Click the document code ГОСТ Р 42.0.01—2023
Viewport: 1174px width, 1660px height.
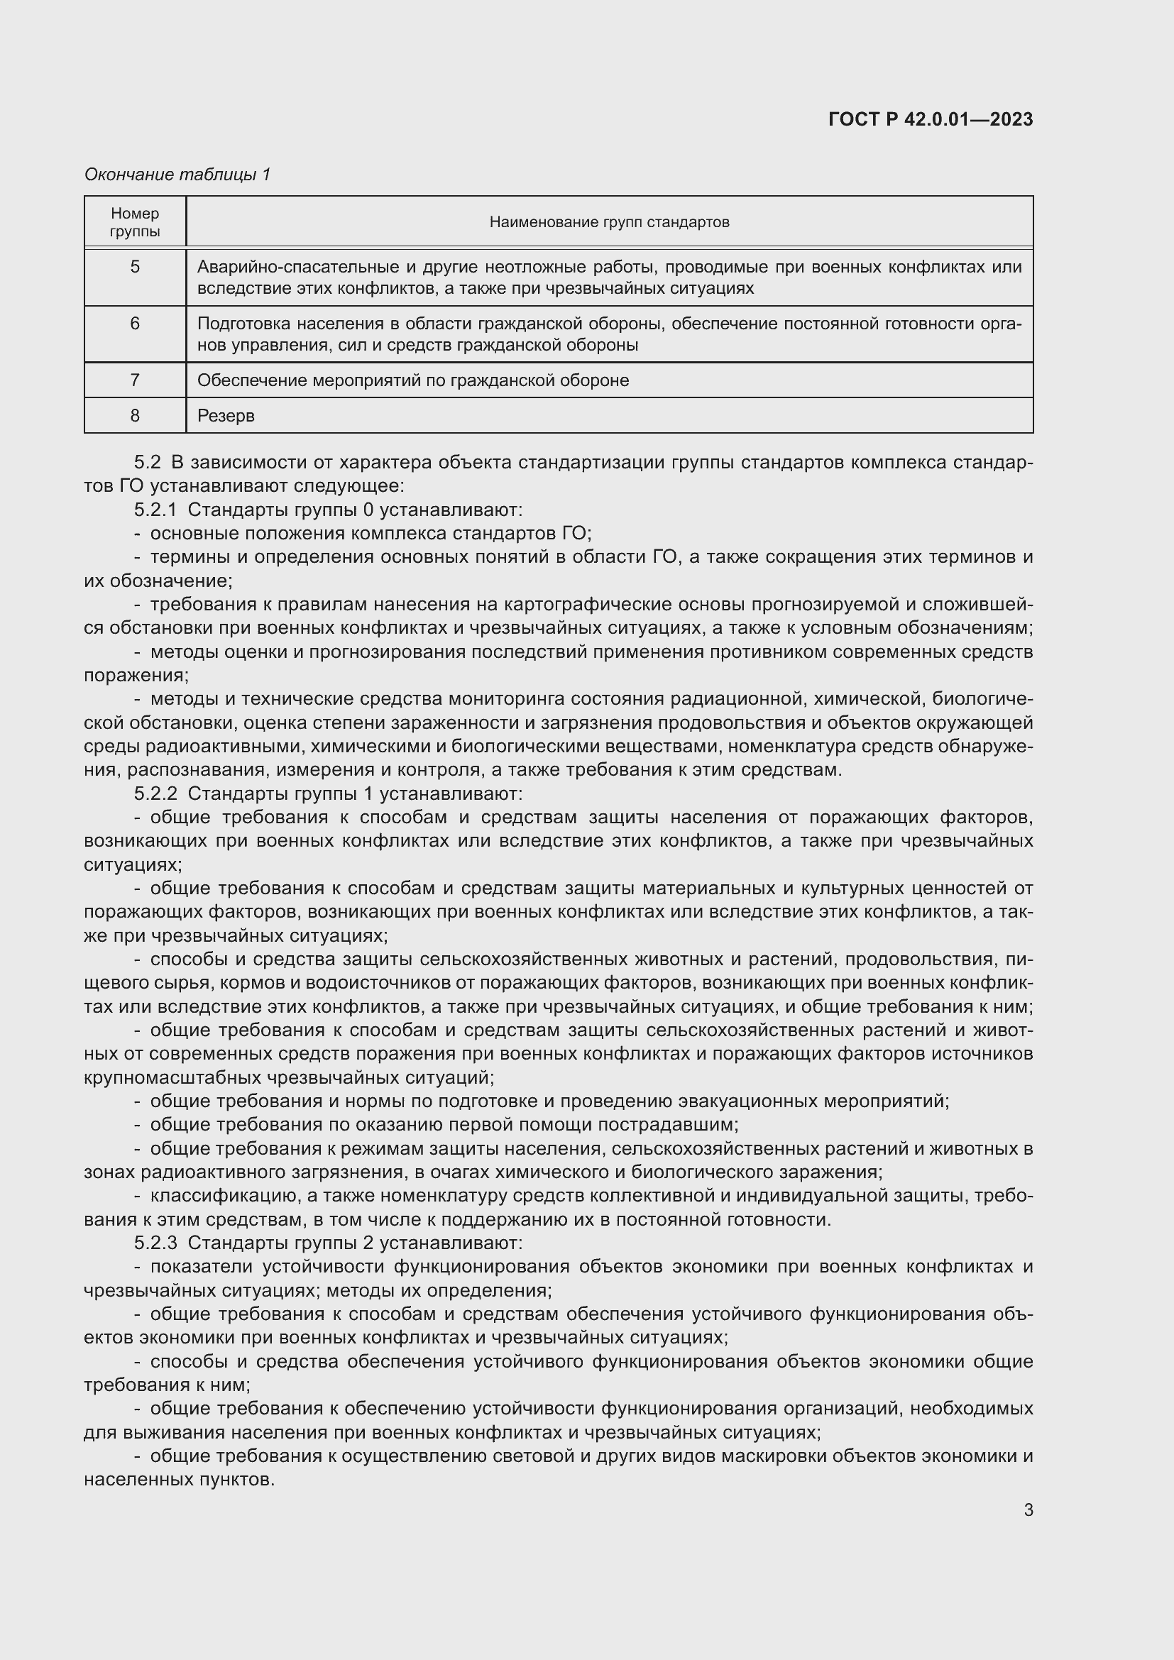click(931, 119)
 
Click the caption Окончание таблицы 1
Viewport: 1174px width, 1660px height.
click(177, 175)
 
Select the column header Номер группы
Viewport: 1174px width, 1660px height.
click(135, 222)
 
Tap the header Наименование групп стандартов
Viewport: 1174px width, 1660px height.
click(609, 222)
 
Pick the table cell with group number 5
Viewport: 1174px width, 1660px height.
click(135, 267)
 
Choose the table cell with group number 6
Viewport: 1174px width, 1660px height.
click(135, 323)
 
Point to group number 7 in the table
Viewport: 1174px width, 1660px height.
click(135, 380)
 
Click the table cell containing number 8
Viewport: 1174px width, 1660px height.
click(135, 415)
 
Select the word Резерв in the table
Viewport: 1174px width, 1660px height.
click(226, 416)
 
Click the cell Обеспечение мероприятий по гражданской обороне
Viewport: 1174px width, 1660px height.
click(413, 380)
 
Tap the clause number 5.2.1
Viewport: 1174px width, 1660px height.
click(155, 510)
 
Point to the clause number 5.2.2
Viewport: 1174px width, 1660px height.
click(155, 793)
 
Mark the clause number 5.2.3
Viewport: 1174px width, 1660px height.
click(155, 1243)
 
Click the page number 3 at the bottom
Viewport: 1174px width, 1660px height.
click(1028, 1510)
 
